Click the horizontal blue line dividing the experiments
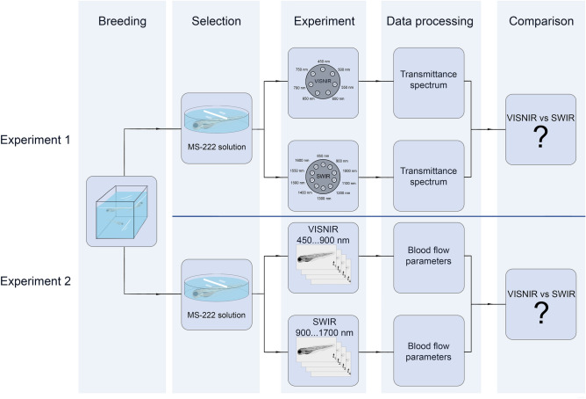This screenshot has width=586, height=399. pyautogui.click(x=377, y=216)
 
